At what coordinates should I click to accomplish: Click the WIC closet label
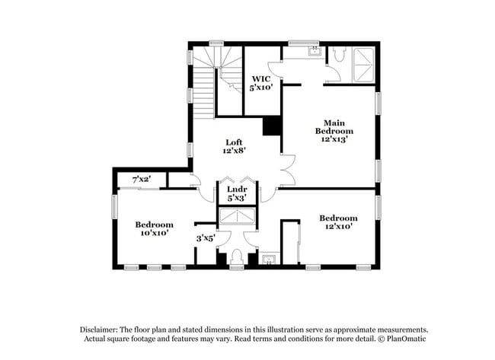pos(261,83)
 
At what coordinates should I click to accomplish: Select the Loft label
pos(234,146)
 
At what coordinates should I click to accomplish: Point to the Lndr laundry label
pos(235,193)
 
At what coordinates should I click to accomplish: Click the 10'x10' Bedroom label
pos(154,228)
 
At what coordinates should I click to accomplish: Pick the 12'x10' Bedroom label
pos(338,223)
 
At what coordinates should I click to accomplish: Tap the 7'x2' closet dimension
pos(142,179)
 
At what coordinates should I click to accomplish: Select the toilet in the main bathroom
pos(338,57)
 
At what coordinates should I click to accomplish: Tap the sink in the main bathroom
pos(314,52)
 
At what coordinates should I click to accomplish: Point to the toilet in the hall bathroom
pos(236,256)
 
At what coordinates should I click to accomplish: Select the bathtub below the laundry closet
pos(235,217)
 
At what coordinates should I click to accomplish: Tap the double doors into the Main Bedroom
pos(288,170)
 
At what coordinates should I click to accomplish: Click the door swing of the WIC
pos(276,70)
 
